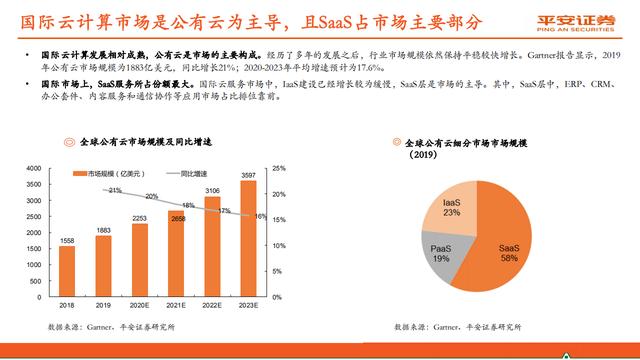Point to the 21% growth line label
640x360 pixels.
pyautogui.click(x=115, y=190)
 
